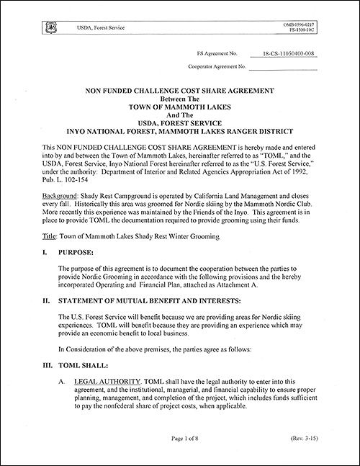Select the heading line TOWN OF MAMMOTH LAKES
(x=180, y=102)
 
